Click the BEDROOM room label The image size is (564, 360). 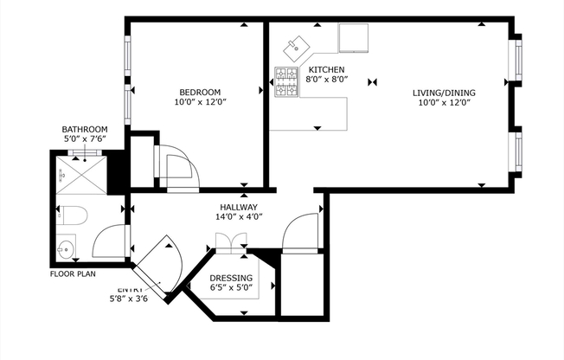coord(200,93)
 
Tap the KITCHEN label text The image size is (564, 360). coord(327,69)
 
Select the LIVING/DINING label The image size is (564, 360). coord(444,93)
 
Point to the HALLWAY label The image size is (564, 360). coord(237,208)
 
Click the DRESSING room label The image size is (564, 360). coord(232,278)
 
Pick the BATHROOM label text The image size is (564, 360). coord(85,129)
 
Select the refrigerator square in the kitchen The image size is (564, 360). coord(353,38)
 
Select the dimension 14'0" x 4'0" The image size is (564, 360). coord(238,217)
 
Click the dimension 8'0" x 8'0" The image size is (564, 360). coord(328,79)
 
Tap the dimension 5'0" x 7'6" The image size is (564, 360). coord(85,138)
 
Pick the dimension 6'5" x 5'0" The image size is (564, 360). coord(232,287)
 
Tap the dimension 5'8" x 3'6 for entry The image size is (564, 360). coord(130,299)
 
